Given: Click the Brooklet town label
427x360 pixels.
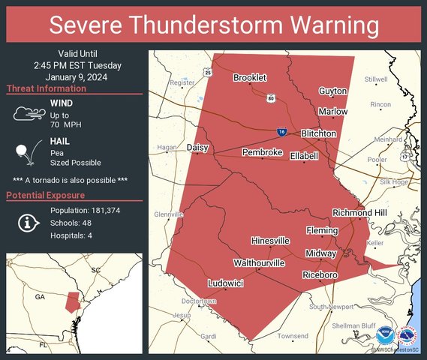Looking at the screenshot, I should pos(250,77).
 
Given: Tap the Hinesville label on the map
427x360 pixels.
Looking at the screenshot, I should pos(270,241).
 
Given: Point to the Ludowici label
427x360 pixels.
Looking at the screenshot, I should pos(225,284).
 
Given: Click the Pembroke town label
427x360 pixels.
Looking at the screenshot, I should pos(262,152).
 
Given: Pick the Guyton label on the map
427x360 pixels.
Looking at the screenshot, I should pos(333,91).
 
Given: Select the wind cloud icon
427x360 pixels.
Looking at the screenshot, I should pos(28,113).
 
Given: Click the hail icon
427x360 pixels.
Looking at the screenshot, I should pos(27,153).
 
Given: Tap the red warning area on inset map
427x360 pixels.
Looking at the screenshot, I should pos(73,301).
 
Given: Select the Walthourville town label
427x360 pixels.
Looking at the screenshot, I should pos(259,263).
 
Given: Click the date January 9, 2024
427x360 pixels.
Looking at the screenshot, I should pos(74,76).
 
